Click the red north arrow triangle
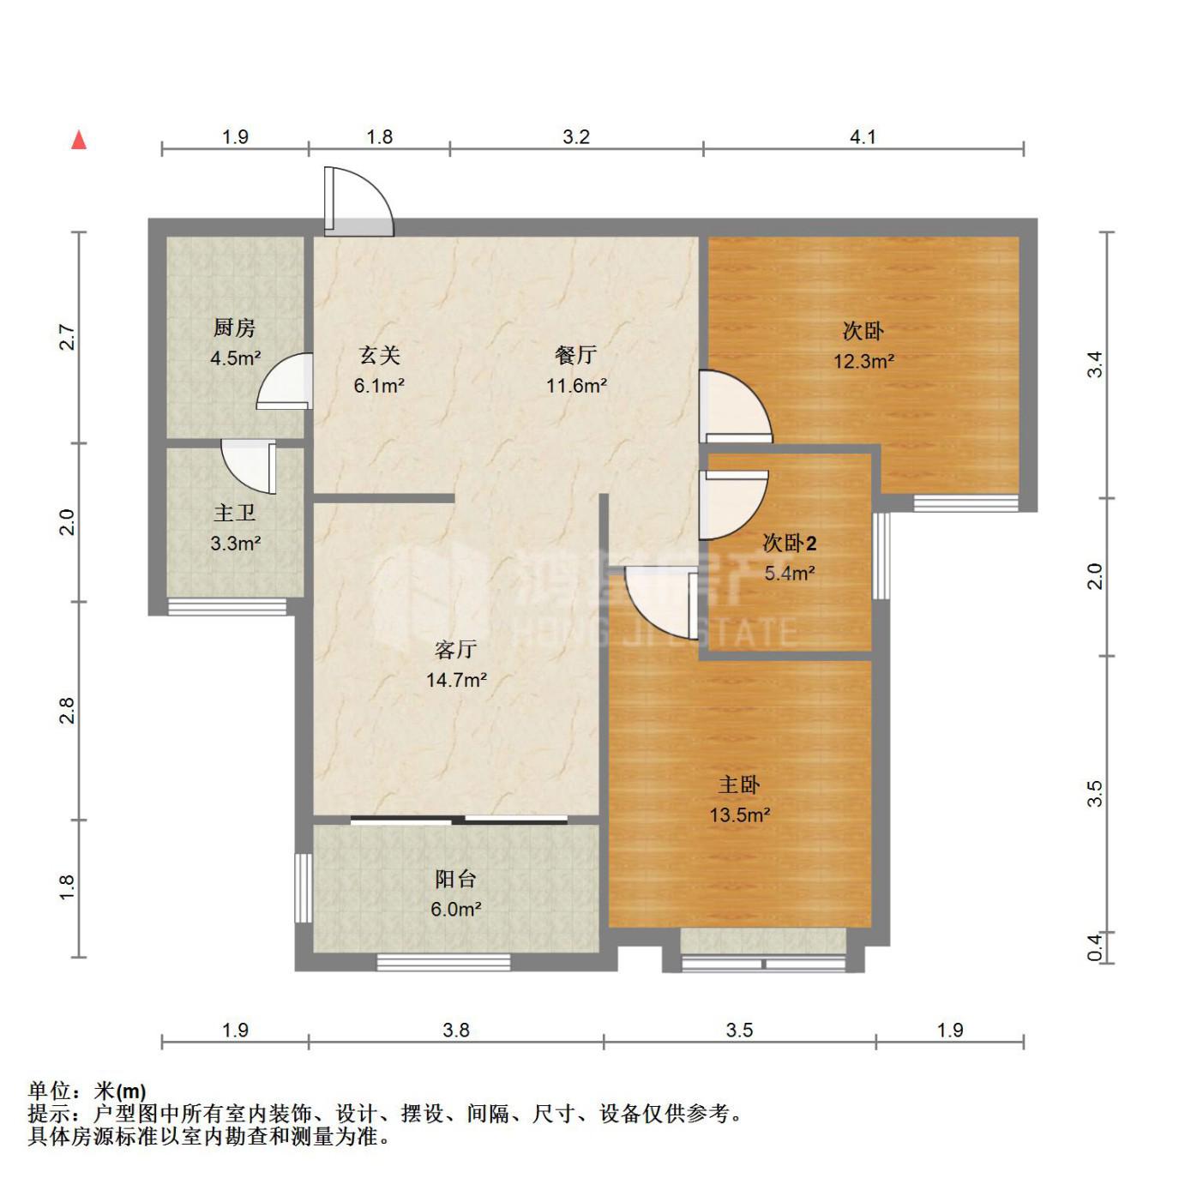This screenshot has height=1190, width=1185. click(79, 140)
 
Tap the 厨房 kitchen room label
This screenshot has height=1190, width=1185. click(234, 328)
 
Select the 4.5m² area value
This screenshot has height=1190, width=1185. click(236, 358)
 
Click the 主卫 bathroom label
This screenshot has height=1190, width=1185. click(235, 513)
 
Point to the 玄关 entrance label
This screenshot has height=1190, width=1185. click(379, 354)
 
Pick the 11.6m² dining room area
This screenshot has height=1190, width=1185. click(576, 385)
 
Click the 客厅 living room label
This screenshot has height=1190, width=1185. click(456, 649)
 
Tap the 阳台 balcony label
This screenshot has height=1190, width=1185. click(456, 879)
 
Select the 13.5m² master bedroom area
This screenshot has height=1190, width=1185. click(739, 815)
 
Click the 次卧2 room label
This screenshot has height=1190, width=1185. click(790, 543)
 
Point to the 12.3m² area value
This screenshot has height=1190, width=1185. click(863, 361)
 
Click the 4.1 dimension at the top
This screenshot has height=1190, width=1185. click(863, 136)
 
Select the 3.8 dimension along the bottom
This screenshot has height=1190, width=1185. click(456, 1030)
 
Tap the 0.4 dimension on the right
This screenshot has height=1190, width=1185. click(1094, 947)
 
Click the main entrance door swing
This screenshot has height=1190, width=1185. click(359, 201)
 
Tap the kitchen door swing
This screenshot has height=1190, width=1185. click(285, 381)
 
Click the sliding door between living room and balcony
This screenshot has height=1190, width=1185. click(459, 820)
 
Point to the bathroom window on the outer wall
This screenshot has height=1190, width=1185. click(227, 606)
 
